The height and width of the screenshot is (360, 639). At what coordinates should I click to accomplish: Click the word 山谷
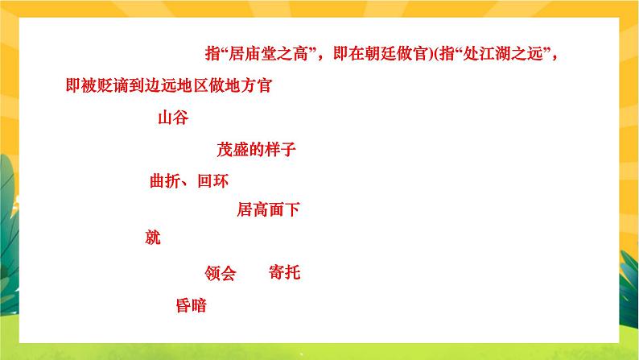tap(172, 118)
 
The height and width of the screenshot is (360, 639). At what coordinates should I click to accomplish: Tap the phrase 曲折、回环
tap(189, 181)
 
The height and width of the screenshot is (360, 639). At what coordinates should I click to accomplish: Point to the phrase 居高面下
tap(268, 211)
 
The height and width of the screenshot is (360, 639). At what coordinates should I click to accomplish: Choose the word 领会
tap(221, 274)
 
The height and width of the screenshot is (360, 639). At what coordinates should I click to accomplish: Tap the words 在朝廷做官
tap(386, 55)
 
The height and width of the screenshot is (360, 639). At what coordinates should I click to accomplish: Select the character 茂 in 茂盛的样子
tap(225, 149)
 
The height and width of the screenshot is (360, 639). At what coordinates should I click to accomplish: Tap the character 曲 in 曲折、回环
tap(158, 181)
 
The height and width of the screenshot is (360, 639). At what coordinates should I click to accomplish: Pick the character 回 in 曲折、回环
tap(204, 181)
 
